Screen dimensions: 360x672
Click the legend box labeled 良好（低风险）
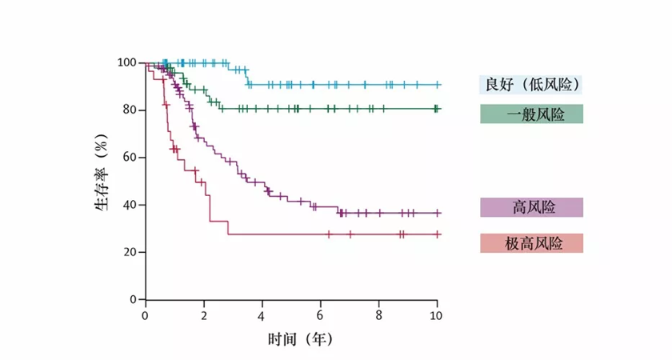[x=531, y=84]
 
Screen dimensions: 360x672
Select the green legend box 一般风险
[x=531, y=114]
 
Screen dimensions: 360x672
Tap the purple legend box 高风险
[x=531, y=207]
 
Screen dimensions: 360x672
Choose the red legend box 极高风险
[x=531, y=243]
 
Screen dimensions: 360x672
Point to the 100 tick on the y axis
[x=126, y=63]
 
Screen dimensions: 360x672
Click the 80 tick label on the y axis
[x=128, y=110]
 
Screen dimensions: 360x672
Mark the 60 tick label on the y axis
[x=128, y=158]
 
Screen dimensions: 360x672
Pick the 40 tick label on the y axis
[x=128, y=205]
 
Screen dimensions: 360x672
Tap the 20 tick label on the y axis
[x=128, y=252]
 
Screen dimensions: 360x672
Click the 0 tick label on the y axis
[x=132, y=299]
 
